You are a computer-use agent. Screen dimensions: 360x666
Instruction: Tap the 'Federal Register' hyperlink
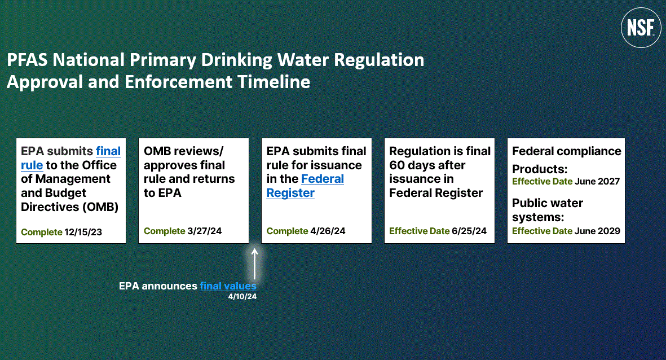pyautogui.click(x=305, y=186)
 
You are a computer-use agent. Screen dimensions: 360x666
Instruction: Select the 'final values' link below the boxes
pyautogui.click(x=228, y=286)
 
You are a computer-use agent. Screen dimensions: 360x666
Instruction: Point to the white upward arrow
pyautogui.click(x=254, y=264)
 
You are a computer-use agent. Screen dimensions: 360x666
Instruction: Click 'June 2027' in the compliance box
pyautogui.click(x=597, y=182)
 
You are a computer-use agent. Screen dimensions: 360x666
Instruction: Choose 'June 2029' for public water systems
pyautogui.click(x=597, y=231)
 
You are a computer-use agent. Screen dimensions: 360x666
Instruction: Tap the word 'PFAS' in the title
pyautogui.click(x=25, y=60)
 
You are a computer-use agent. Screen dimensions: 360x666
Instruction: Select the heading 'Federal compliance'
pyautogui.click(x=566, y=151)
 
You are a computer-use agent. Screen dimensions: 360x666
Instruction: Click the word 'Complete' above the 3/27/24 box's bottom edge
pyautogui.click(x=164, y=231)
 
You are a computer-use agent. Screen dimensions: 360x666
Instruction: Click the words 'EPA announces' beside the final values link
pyautogui.click(x=158, y=286)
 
